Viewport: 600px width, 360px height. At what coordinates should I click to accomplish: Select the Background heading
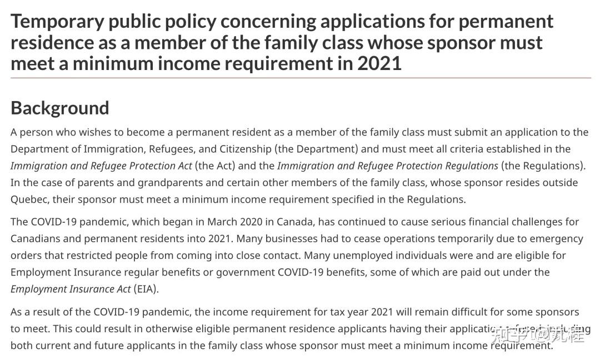60,108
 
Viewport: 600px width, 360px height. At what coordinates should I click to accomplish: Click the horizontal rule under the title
300,78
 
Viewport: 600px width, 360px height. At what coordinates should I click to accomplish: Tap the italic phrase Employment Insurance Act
71,289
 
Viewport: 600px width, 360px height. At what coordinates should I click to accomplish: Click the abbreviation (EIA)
146,289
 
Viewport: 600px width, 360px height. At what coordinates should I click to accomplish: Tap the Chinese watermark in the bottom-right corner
538,334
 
